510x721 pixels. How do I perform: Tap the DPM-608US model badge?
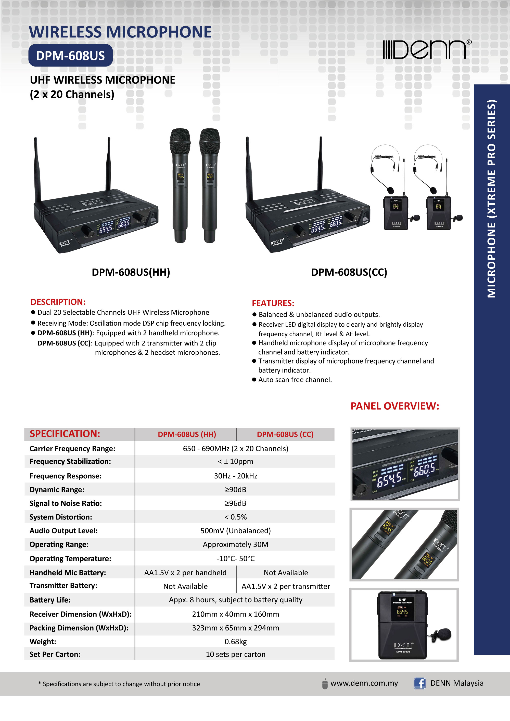(x=70, y=56)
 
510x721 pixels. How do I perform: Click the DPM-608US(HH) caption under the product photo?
(x=131, y=272)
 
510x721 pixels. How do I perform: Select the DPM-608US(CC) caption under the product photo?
(x=349, y=272)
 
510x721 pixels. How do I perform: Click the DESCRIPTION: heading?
(x=58, y=302)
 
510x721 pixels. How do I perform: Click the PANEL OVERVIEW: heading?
(x=395, y=406)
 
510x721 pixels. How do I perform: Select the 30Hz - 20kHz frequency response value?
(x=235, y=476)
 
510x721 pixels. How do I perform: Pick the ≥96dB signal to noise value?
(x=235, y=503)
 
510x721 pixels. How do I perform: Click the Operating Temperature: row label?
(x=70, y=559)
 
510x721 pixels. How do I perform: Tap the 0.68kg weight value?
(x=235, y=641)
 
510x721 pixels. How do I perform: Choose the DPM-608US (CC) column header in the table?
(x=285, y=434)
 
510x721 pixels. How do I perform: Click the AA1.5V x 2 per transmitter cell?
(x=286, y=586)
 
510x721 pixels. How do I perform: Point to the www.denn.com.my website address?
(x=364, y=683)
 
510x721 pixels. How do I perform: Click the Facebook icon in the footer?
(x=419, y=683)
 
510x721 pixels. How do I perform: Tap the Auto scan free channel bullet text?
(x=295, y=380)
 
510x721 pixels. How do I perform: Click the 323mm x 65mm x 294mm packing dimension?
(x=235, y=628)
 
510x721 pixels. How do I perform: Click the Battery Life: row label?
(x=50, y=600)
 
